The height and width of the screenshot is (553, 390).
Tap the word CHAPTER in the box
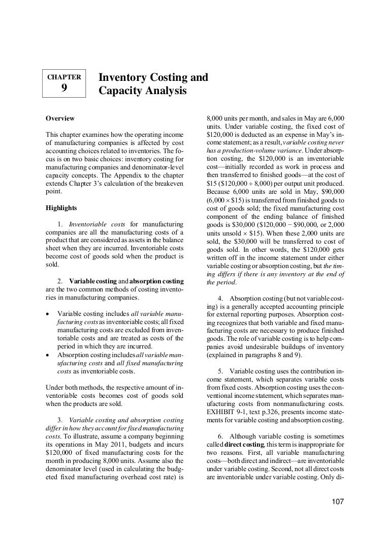[64, 77]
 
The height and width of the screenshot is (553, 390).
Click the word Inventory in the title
[120, 78]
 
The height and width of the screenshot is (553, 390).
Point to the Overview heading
[60, 119]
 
